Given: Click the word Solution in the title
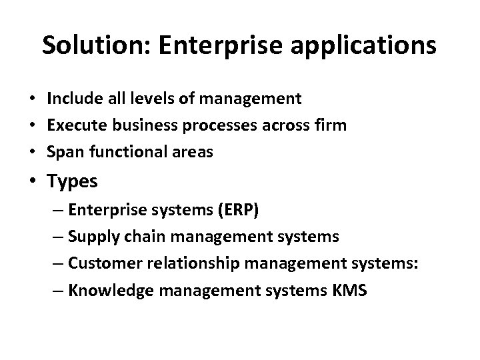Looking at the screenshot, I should point(83,45).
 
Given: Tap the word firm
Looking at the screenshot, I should point(331,125).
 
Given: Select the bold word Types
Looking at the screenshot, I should point(72,182).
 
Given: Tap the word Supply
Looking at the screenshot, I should point(97,237).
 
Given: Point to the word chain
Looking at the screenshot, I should point(143,236).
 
